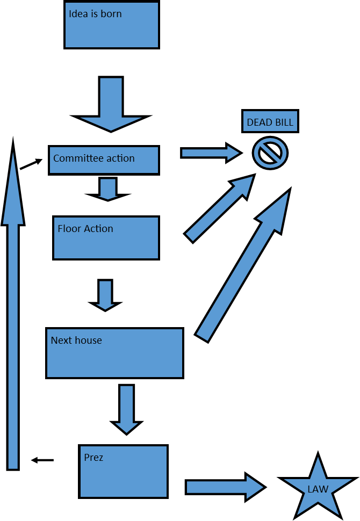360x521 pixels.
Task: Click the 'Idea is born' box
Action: [112, 25]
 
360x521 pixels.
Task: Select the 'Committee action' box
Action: [104, 160]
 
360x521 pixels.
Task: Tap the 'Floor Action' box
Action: [106, 238]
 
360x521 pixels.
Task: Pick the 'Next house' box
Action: [114, 353]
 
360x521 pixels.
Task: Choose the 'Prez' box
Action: [123, 472]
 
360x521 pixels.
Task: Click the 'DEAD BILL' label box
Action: [270, 122]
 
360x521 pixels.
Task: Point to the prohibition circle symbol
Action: [270, 153]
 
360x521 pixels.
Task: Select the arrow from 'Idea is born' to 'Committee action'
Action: [111, 105]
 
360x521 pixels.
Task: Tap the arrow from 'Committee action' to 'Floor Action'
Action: [107, 189]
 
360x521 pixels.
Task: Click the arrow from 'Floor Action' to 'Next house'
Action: [105, 294]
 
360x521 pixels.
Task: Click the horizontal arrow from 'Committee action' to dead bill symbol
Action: [210, 153]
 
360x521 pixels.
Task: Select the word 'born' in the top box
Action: [111, 14]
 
